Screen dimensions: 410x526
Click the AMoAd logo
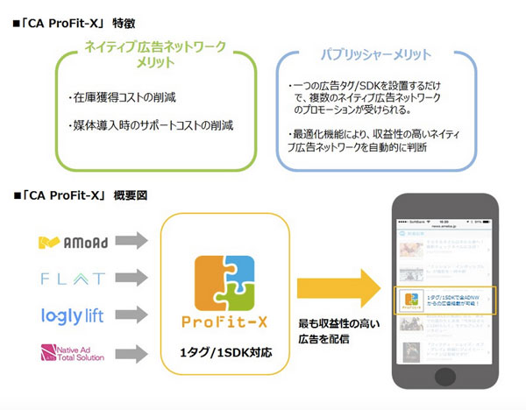point(73,240)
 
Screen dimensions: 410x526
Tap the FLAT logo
point(73,279)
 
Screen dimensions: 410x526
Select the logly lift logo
point(73,315)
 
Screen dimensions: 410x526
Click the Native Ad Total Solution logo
point(73,354)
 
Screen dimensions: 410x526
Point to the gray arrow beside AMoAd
point(131,240)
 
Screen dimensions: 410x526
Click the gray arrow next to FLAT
point(131,279)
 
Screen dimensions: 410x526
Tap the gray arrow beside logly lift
point(131,315)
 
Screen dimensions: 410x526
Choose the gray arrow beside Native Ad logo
point(131,354)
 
